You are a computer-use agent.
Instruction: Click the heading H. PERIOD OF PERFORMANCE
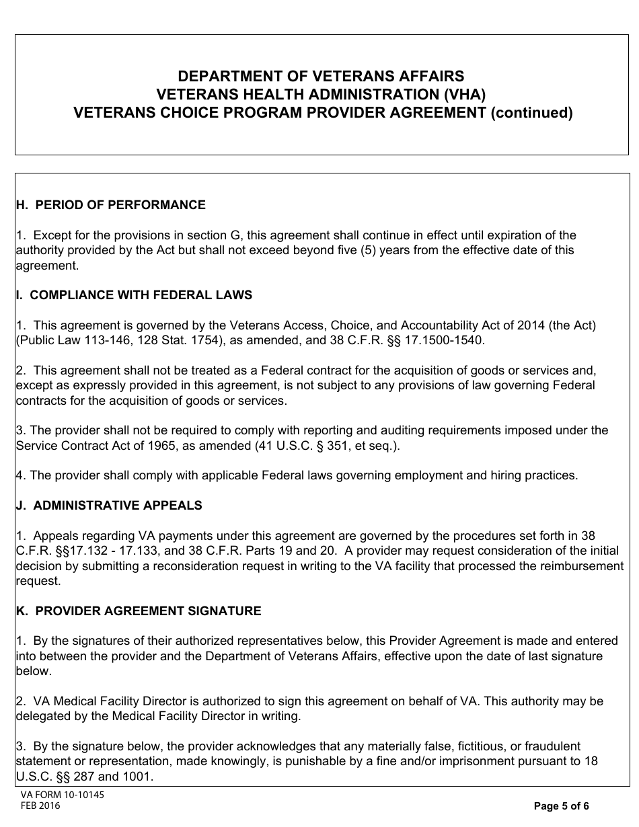110,205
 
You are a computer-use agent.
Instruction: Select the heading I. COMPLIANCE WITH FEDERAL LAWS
134,295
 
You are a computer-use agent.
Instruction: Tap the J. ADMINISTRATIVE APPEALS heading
108,506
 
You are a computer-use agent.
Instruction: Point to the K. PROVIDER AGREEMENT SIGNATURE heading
139,611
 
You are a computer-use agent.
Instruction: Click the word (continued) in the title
531,113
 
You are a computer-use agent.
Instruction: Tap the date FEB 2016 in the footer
40,806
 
